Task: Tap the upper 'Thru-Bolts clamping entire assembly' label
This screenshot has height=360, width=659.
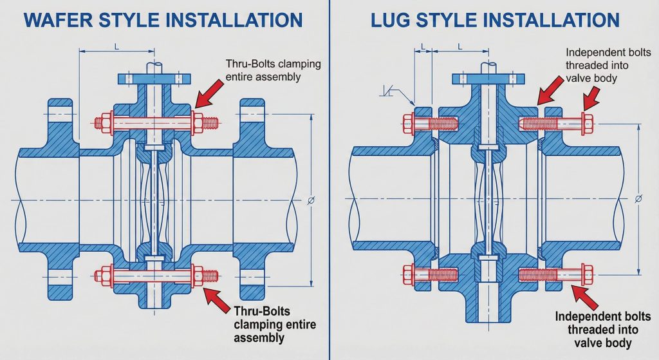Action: click(273, 70)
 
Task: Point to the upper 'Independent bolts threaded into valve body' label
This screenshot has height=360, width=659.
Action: click(600, 65)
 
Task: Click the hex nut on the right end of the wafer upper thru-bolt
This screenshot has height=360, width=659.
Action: click(198, 121)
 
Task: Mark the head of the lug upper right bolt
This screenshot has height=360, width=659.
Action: click(586, 122)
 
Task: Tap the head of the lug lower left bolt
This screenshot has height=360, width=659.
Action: click(407, 275)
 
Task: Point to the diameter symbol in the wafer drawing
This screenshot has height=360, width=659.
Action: click(311, 200)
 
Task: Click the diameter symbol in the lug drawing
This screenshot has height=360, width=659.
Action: click(638, 198)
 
